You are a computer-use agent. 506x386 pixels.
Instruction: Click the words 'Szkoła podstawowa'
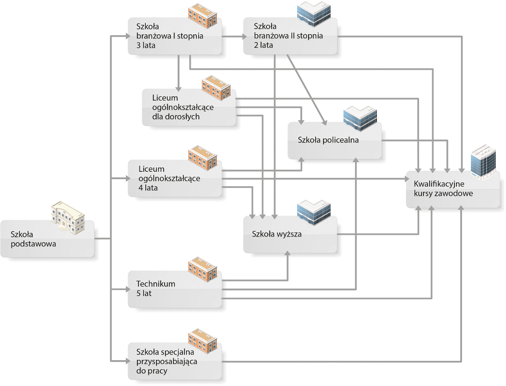pos(33,239)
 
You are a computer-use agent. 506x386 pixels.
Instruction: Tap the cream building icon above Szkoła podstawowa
pos(68,218)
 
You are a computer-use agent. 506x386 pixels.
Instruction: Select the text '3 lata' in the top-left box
pos(146,45)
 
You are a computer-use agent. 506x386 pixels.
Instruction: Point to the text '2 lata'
pos(263,45)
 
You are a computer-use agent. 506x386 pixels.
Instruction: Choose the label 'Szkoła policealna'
pos(328,140)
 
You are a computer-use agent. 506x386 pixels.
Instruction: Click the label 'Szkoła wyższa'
pos(277,234)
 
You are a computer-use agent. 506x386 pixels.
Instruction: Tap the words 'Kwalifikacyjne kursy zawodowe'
pos(443,188)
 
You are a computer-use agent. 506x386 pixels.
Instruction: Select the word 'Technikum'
pos(156,284)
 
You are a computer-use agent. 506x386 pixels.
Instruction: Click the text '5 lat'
pos(144,293)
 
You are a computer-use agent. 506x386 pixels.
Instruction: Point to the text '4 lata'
pos(148,188)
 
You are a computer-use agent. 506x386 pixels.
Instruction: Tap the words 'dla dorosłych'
pos(176,117)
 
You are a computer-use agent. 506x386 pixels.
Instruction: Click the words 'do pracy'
pos(152,371)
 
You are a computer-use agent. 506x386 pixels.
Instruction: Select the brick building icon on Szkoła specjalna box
pos(203,341)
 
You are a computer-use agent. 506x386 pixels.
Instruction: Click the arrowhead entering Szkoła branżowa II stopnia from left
pos(244,36)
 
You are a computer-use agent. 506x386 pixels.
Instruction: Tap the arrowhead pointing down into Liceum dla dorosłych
pos(178,89)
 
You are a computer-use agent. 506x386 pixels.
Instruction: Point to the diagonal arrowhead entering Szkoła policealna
pos(325,123)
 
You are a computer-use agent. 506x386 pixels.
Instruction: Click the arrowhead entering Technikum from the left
pos(128,289)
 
